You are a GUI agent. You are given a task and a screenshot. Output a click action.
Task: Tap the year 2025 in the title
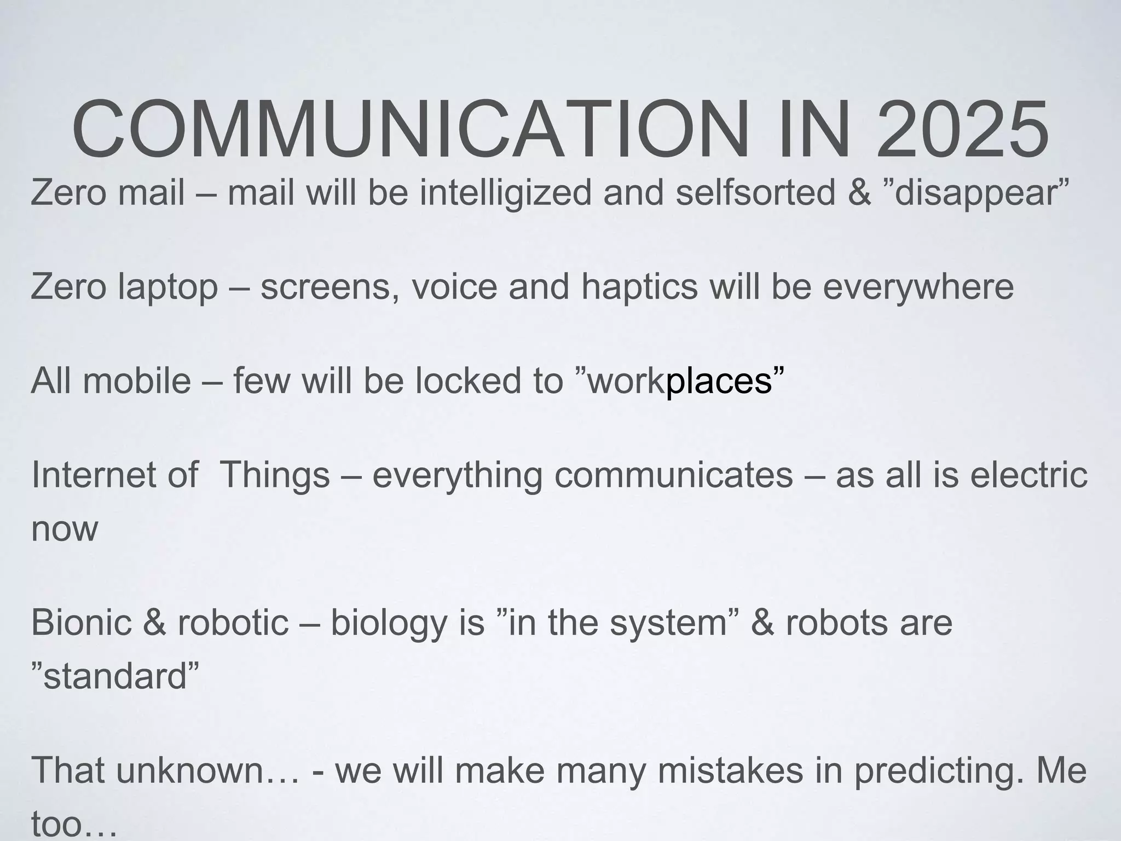click(x=962, y=129)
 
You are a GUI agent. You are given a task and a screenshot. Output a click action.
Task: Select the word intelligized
click(x=506, y=193)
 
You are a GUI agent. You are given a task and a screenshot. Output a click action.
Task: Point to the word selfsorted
click(x=755, y=193)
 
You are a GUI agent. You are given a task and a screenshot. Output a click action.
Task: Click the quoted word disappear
click(x=978, y=193)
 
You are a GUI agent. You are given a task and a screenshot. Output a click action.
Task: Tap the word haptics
click(x=639, y=287)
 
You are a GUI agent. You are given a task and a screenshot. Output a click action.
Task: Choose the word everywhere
click(x=918, y=287)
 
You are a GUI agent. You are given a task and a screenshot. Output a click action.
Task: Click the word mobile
click(x=137, y=381)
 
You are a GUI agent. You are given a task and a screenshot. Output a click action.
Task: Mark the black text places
click(x=718, y=382)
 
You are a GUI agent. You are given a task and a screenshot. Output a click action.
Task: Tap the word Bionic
click(x=81, y=623)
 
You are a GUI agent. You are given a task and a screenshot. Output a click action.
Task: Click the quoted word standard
click(x=115, y=676)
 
